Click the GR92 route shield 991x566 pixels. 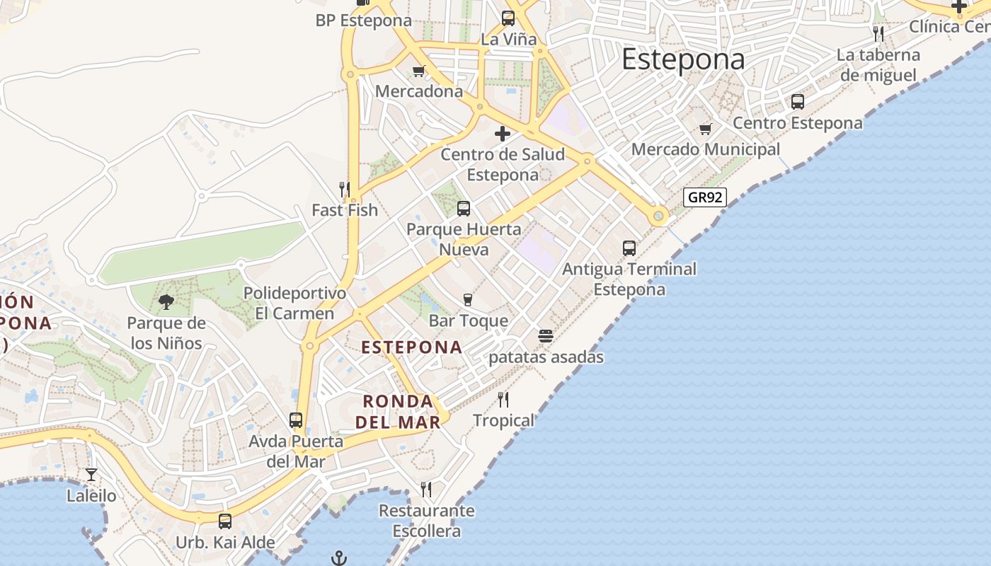coord(705,197)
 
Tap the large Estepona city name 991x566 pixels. coord(683,59)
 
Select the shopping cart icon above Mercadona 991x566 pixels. coord(418,71)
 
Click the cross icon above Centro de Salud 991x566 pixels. coord(503,133)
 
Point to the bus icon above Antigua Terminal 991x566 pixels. coord(629,248)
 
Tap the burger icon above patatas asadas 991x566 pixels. coord(545,336)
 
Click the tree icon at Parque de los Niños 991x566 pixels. coord(166,303)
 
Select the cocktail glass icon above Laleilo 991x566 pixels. coord(91,475)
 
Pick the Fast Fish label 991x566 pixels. coord(345,210)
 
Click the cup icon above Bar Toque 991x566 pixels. coord(467,300)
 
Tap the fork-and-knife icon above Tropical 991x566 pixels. coord(503,400)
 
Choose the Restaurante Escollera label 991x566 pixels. coord(426,521)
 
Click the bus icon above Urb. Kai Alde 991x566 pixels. coord(225,521)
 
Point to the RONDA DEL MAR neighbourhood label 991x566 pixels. coord(398,412)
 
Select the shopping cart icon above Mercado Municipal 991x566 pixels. coord(705,129)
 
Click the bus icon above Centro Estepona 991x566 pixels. coord(798,102)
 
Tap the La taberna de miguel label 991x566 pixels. coord(878,65)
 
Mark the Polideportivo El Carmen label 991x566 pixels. coord(294,303)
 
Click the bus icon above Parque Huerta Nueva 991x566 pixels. coord(464,209)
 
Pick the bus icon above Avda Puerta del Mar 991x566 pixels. coord(296,420)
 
